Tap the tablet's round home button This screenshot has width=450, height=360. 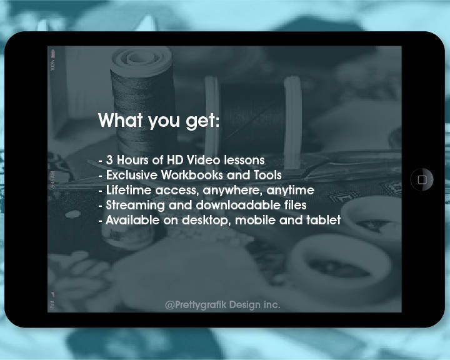(422, 180)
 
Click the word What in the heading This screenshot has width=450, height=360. (121, 120)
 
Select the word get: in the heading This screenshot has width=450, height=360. (202, 121)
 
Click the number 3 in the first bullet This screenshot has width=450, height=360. (109, 160)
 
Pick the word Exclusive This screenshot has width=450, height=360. (132, 175)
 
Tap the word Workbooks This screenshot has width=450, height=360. (192, 175)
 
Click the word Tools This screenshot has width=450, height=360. (267, 175)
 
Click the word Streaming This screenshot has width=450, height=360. (136, 205)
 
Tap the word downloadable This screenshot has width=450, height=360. (239, 205)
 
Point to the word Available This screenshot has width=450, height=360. (132, 220)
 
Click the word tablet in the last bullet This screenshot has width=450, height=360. (324, 220)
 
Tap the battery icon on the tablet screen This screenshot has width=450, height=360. (52, 54)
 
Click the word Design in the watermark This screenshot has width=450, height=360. (244, 305)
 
